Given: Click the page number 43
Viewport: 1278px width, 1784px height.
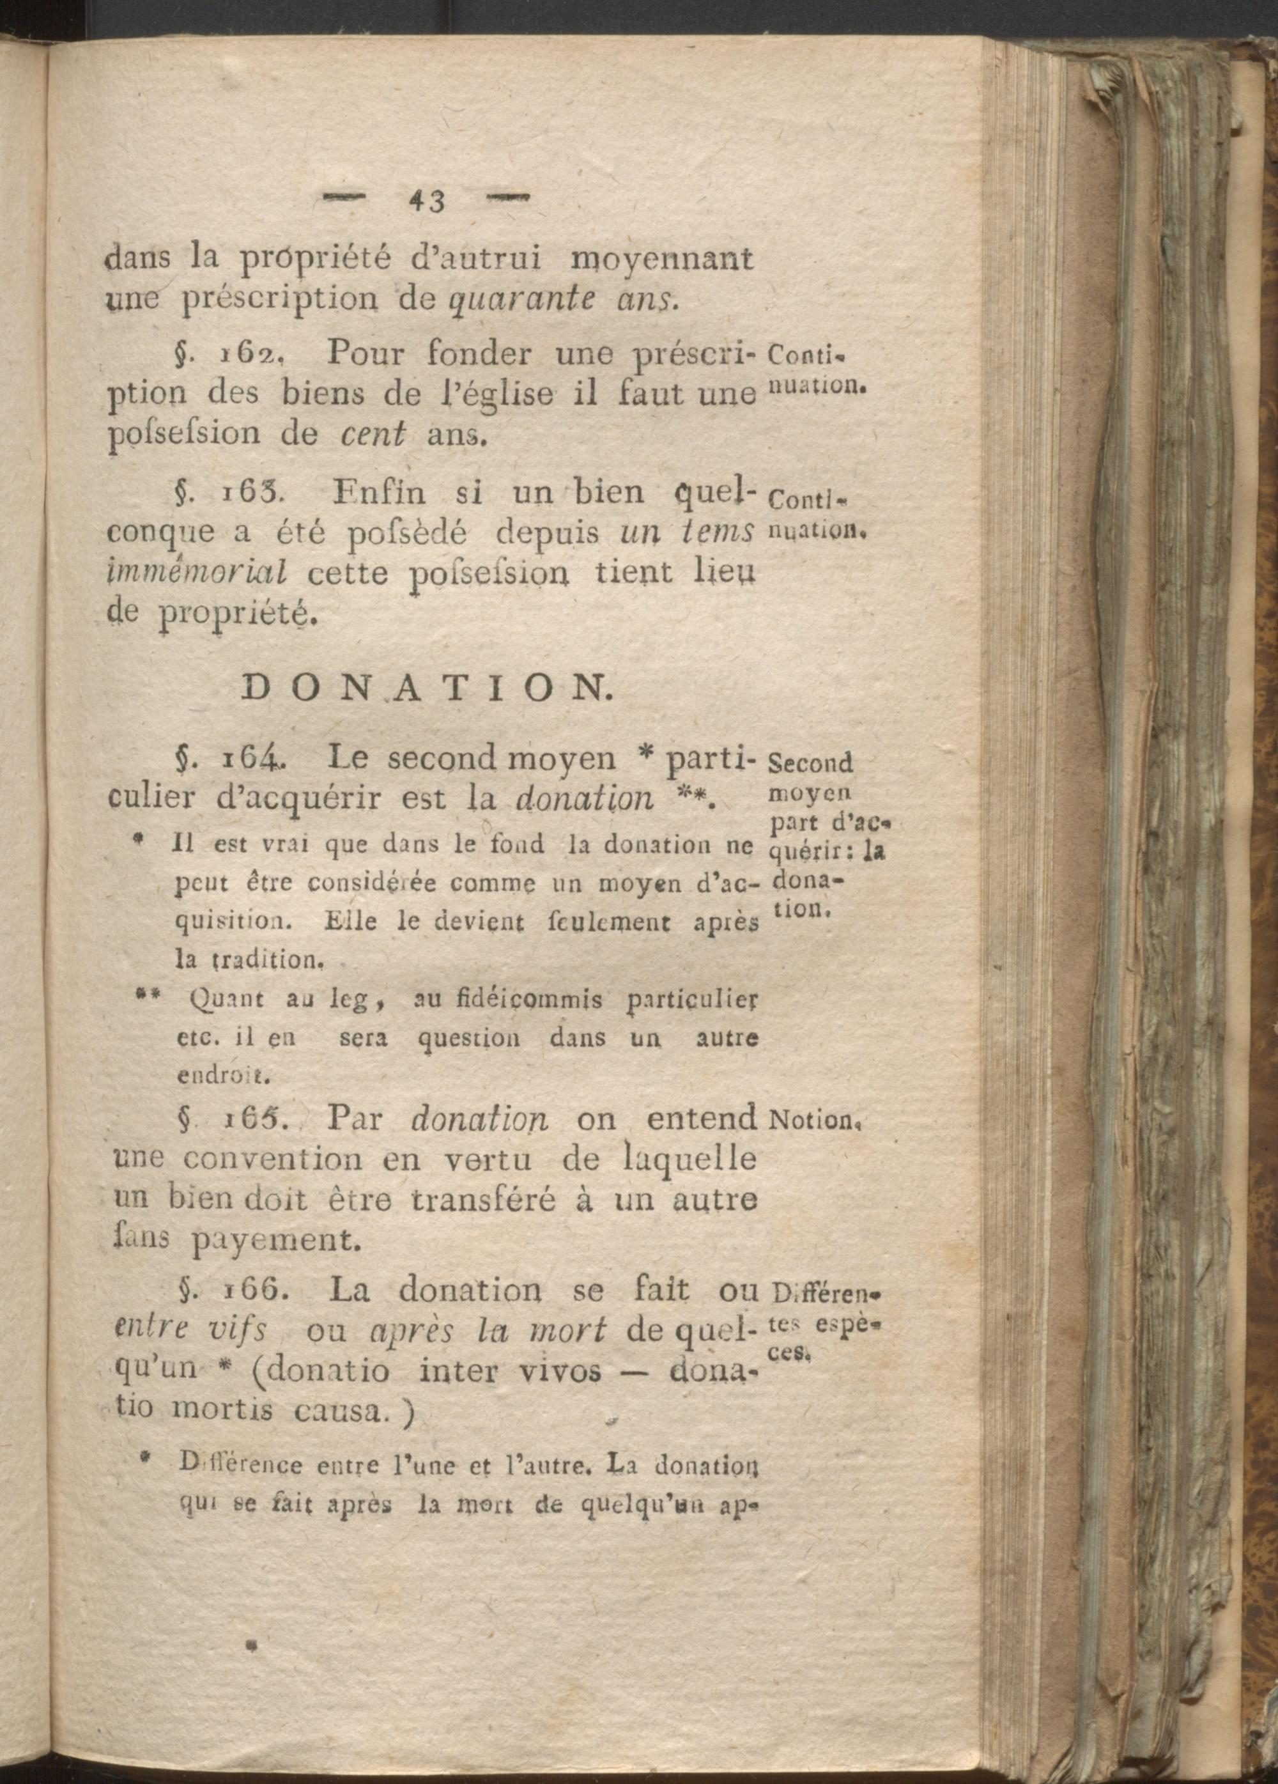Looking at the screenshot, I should click(427, 202).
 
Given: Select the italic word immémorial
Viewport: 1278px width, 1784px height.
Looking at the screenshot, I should click(196, 573).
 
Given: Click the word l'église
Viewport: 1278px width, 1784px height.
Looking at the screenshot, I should click(491, 394).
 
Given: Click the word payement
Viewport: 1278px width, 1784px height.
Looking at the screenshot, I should click(276, 1241).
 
